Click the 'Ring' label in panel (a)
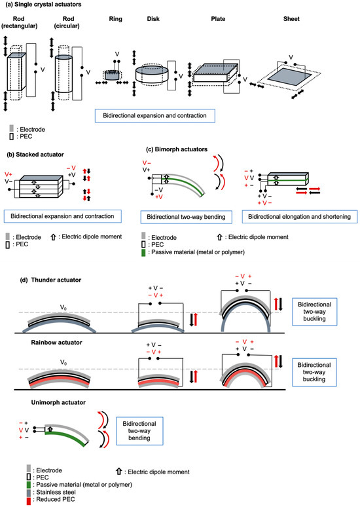pyautogui.click(x=115, y=19)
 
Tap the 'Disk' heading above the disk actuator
pyautogui.click(x=153, y=19)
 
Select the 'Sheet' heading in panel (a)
pyautogui.click(x=291, y=19)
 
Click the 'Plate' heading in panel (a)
pyautogui.click(x=218, y=19)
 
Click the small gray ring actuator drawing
pyautogui.click(x=112, y=75)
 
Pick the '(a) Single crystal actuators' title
pyautogui.click(x=44, y=5)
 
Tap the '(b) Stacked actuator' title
pyautogui.click(x=35, y=155)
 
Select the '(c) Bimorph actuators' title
pyautogui.click(x=177, y=149)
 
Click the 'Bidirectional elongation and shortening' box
pyautogui.click(x=300, y=217)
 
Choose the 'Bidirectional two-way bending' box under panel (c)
pyautogui.click(x=186, y=217)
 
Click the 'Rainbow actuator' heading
pyautogui.click(x=56, y=343)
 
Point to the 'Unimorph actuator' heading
pyautogui.click(x=58, y=403)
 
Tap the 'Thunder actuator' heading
pyautogui.click(x=56, y=280)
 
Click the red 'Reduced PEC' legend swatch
pyautogui.click(x=29, y=500)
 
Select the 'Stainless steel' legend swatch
pyautogui.click(x=29, y=493)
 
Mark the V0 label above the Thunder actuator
pyautogui.click(x=63, y=307)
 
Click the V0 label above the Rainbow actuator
pyautogui.click(x=63, y=363)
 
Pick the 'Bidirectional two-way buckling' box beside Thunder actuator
pyautogui.click(x=314, y=312)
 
